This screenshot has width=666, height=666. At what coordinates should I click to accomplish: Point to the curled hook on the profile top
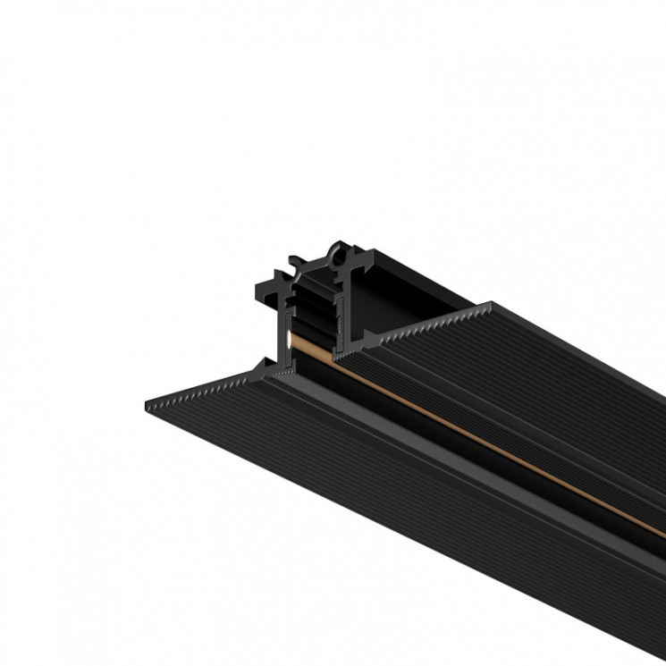click(x=294, y=263)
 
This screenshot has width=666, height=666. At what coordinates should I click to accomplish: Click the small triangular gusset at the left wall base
click(x=266, y=361)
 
